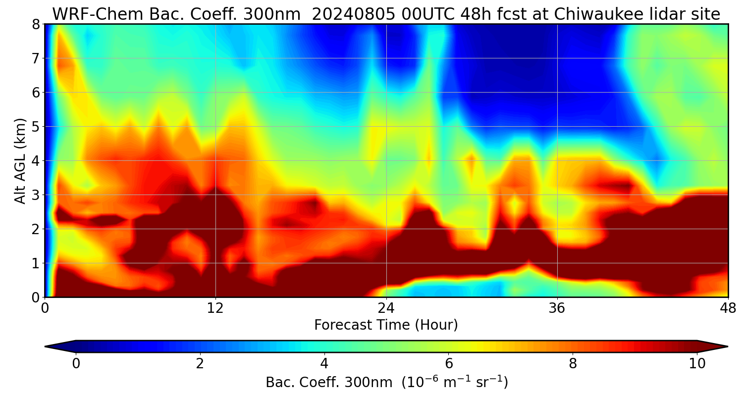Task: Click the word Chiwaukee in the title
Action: coord(596,14)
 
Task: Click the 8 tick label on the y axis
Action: coord(36,24)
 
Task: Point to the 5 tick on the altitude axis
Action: coord(36,127)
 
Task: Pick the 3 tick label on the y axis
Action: coord(36,195)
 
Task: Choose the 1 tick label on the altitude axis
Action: coord(36,263)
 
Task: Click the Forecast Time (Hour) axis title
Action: coord(386,325)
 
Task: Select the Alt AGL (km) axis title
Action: coord(20,161)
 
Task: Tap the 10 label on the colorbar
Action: coord(697,363)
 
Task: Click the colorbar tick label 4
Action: coord(324,363)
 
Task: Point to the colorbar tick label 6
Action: coord(449,363)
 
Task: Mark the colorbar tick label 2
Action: coord(200,363)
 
